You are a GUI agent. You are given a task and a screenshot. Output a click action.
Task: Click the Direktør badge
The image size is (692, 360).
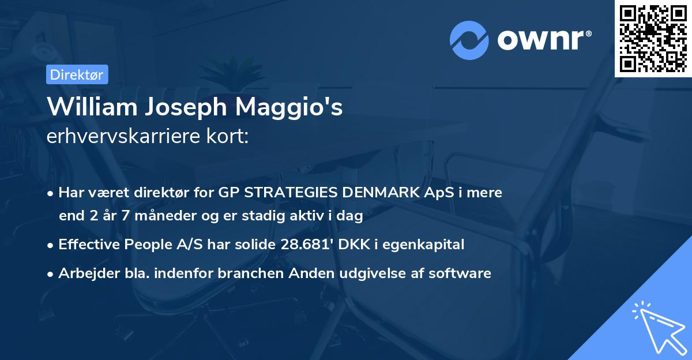(76, 74)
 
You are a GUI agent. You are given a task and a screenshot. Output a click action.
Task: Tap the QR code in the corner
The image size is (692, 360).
(653, 39)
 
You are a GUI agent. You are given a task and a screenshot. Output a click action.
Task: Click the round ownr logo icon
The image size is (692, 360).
(469, 40)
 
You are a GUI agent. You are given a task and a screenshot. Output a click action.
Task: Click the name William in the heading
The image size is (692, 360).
(86, 107)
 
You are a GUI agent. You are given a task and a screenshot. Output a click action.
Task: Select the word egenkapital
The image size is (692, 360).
(426, 245)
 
